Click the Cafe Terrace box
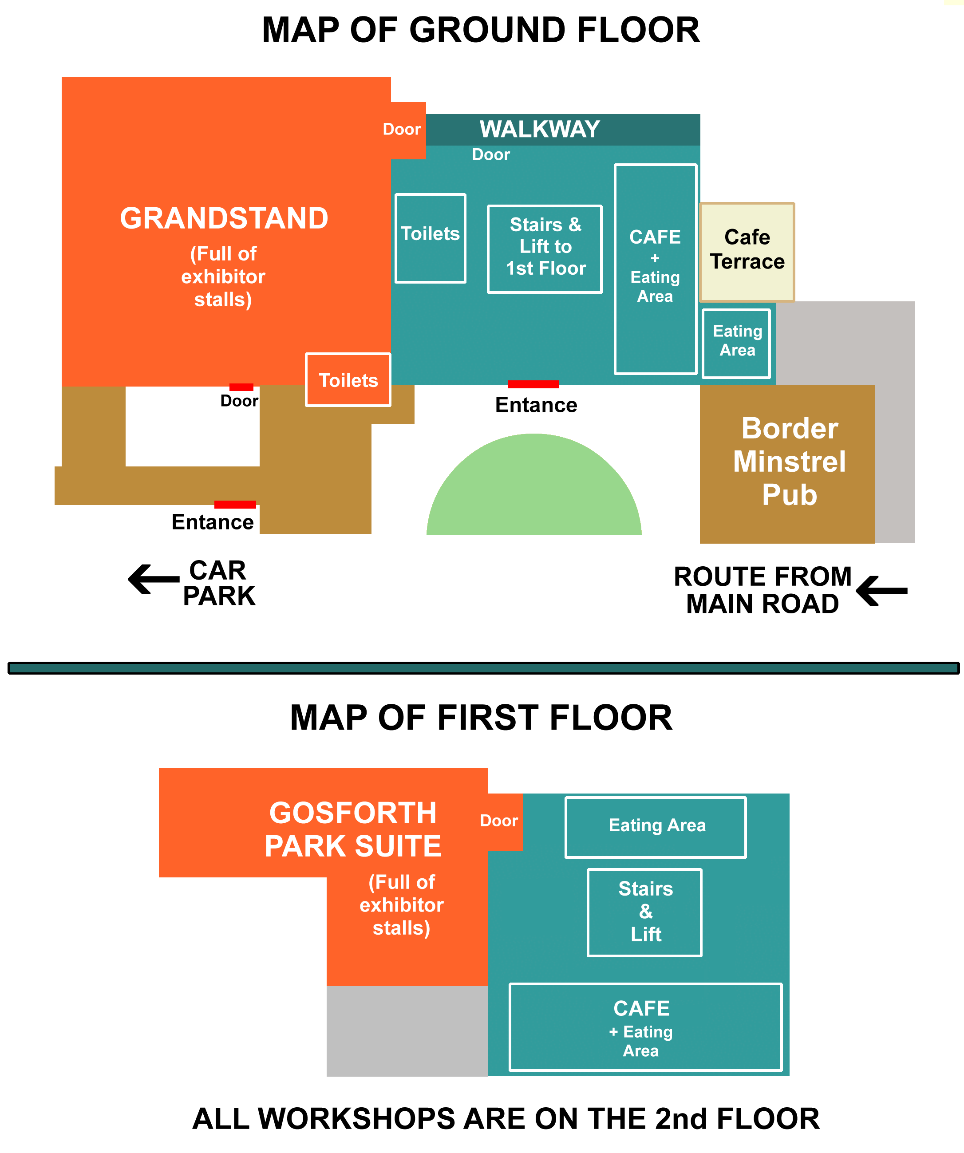[747, 252]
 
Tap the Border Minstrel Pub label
[790, 461]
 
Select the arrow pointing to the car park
[154, 579]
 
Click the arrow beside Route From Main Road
[881, 591]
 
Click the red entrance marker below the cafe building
[533, 384]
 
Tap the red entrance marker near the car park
[235, 505]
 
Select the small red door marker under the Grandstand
[241, 387]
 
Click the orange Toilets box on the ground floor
[348, 380]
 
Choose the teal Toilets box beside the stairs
[431, 238]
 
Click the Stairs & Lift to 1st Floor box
[545, 249]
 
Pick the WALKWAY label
[540, 130]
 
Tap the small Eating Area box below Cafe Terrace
[737, 344]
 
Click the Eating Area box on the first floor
[656, 827]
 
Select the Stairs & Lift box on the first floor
[644, 912]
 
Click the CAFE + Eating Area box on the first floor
[646, 1027]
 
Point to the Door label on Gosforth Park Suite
[499, 821]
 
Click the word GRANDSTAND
[224, 218]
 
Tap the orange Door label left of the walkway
[402, 130]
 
